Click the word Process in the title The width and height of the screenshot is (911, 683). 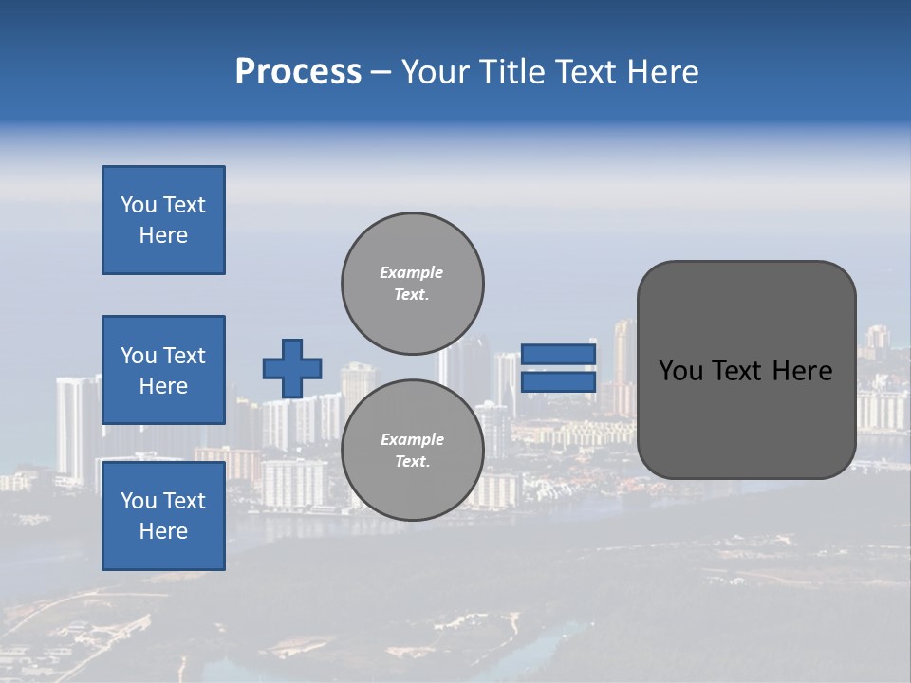[x=298, y=72]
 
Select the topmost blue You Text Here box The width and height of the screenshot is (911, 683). [x=163, y=220]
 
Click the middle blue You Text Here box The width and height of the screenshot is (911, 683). [x=163, y=370]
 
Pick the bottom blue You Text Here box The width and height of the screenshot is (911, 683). [x=163, y=515]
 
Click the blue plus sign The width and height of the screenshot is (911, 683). [x=292, y=368]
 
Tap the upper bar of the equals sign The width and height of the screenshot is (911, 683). [x=558, y=354]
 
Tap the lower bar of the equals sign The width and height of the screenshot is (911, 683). [x=558, y=381]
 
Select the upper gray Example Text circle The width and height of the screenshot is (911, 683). [x=412, y=283]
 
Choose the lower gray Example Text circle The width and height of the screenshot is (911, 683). [x=412, y=450]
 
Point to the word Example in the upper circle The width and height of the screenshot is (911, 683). [x=412, y=272]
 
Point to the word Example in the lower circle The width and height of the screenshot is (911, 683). [x=412, y=439]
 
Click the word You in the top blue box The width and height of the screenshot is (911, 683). [x=139, y=205]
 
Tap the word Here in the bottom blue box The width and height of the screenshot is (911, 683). [x=163, y=531]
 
